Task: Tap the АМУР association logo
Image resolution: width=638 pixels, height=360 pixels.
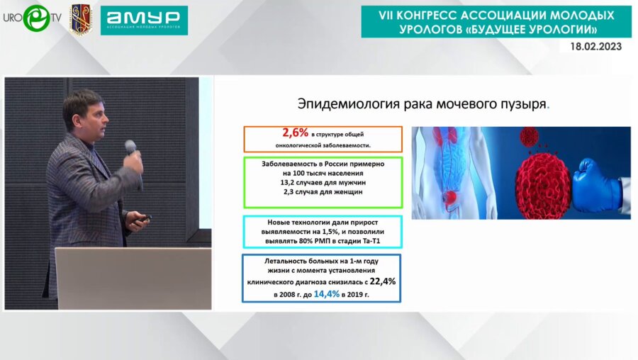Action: [144, 21]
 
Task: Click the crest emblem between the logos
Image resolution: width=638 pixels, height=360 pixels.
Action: [80, 20]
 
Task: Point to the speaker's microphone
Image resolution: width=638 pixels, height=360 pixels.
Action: [131, 150]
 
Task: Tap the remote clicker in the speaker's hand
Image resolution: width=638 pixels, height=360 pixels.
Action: [142, 219]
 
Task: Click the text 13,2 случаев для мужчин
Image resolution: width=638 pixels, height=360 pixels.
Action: [323, 182]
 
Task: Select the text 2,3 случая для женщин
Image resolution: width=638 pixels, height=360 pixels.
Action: [323, 192]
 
